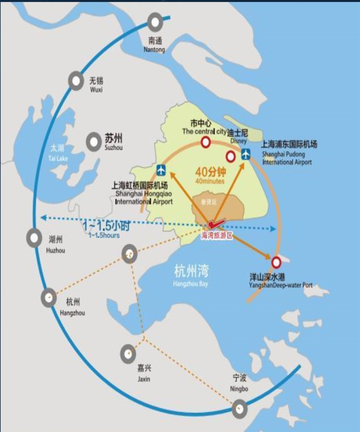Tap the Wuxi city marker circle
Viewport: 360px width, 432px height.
pyautogui.click(x=75, y=82)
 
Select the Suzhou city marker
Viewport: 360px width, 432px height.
pyautogui.click(x=93, y=142)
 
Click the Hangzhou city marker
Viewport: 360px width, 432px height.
pyautogui.click(x=48, y=298)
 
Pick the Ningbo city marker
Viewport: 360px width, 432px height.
pyautogui.click(x=240, y=407)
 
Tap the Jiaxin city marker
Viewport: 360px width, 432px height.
pyautogui.click(x=127, y=354)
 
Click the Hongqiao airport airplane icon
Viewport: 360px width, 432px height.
pyautogui.click(x=161, y=170)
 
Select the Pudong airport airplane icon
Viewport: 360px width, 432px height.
pyautogui.click(x=246, y=154)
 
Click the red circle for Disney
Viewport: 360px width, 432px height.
pyautogui.click(x=231, y=157)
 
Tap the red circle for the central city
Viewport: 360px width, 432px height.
pyautogui.click(x=205, y=143)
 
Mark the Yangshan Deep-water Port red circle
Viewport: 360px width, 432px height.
pyautogui.click(x=277, y=262)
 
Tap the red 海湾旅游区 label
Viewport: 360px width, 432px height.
pyautogui.click(x=217, y=236)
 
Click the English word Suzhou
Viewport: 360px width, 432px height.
pyautogui.click(x=113, y=148)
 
